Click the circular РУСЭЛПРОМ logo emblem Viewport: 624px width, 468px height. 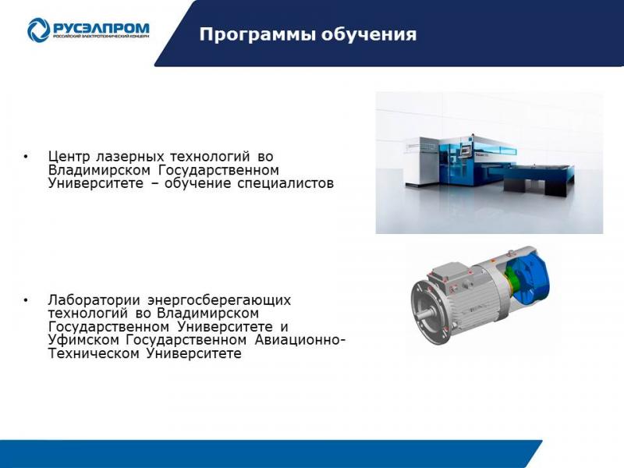(38, 30)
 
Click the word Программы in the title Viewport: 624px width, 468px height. (257, 34)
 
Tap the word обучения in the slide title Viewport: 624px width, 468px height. (369, 34)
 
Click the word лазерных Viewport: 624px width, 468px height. (129, 157)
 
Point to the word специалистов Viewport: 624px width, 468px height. (285, 183)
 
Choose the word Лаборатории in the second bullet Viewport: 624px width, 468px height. (94, 300)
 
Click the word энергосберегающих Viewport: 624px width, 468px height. (219, 300)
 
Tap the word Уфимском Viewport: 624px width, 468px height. (83, 340)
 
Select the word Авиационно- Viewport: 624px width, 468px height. (300, 340)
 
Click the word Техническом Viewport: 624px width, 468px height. (94, 353)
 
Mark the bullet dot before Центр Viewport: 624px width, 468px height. (26, 158)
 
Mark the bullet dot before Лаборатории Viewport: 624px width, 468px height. (26, 300)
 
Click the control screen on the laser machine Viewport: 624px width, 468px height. (464, 151)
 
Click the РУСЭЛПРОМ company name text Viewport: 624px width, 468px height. (101, 28)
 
